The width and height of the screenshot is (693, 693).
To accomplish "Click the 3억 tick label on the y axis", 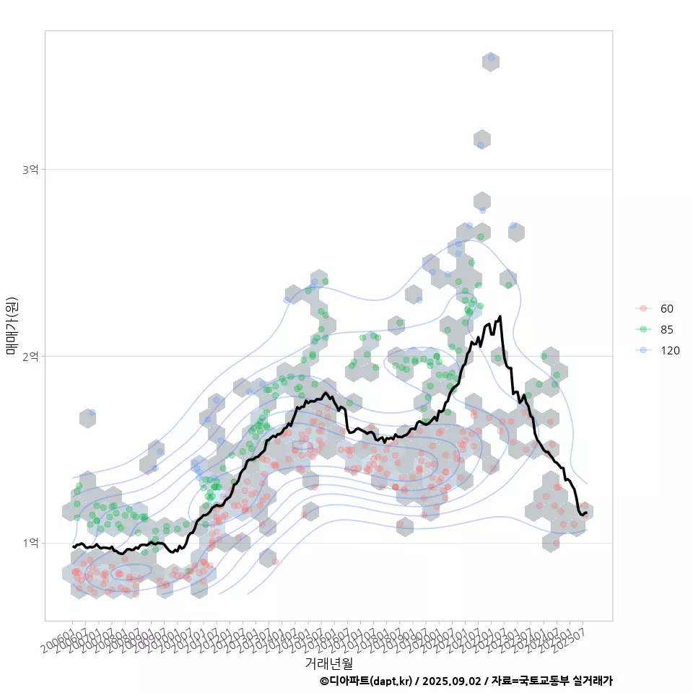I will [x=30, y=169].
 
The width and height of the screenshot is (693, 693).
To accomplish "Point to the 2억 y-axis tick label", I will [x=30, y=356].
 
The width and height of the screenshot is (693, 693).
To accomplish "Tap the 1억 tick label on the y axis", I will [x=30, y=543].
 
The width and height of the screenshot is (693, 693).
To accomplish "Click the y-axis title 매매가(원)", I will [x=12, y=326].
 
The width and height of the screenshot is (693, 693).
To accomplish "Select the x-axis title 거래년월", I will [x=328, y=662].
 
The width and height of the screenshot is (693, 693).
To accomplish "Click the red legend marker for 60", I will [x=643, y=309].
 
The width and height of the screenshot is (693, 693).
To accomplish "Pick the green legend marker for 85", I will [x=643, y=330].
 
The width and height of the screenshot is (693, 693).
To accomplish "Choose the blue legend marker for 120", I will [x=643, y=351].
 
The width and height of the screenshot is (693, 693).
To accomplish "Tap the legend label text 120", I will [x=670, y=351].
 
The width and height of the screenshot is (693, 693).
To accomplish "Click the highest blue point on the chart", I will [x=492, y=56].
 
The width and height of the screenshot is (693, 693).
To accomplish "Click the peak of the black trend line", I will [x=500, y=316].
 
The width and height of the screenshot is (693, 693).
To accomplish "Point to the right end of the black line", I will [x=586, y=513].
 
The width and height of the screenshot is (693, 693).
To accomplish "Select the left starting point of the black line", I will [x=73, y=546].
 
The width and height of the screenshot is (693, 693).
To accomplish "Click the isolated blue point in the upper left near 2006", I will [x=92, y=413].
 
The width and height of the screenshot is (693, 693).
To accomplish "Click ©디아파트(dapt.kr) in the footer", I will [x=365, y=681].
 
